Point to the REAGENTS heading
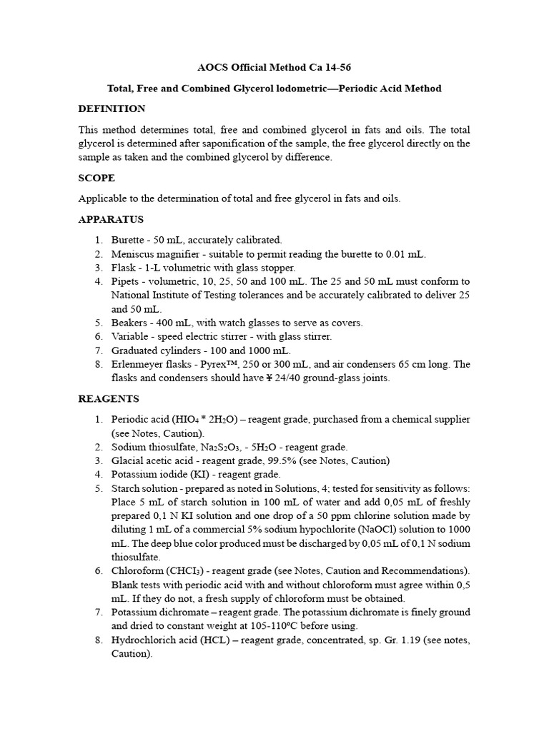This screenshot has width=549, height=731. point(109,399)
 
